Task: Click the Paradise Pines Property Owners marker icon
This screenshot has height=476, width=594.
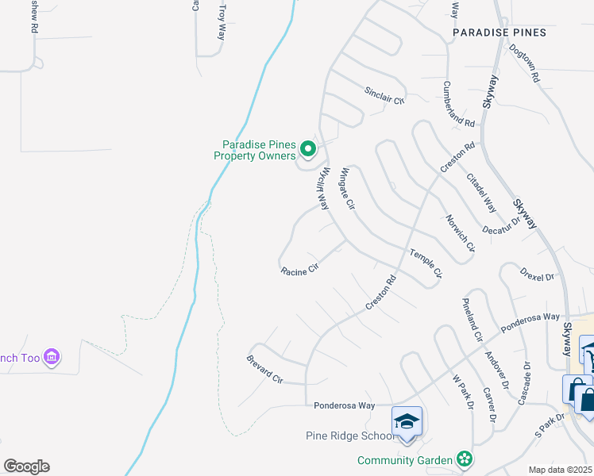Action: [x=307, y=148]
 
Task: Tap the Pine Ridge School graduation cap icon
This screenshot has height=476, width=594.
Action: [x=407, y=420]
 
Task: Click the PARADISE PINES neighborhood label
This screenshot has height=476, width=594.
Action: [x=499, y=33]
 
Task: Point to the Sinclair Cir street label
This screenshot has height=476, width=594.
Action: [x=384, y=96]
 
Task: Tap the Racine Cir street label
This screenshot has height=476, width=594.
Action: [x=299, y=270]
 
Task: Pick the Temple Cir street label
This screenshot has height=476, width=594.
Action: [x=425, y=263]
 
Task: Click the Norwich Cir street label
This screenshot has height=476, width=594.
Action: [x=460, y=233]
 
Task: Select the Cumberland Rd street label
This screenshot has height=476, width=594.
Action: [x=459, y=104]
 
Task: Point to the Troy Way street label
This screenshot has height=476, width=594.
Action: [x=222, y=20]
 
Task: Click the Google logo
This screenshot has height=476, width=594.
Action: [x=26, y=466]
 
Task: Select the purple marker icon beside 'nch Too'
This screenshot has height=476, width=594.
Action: [x=52, y=358]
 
